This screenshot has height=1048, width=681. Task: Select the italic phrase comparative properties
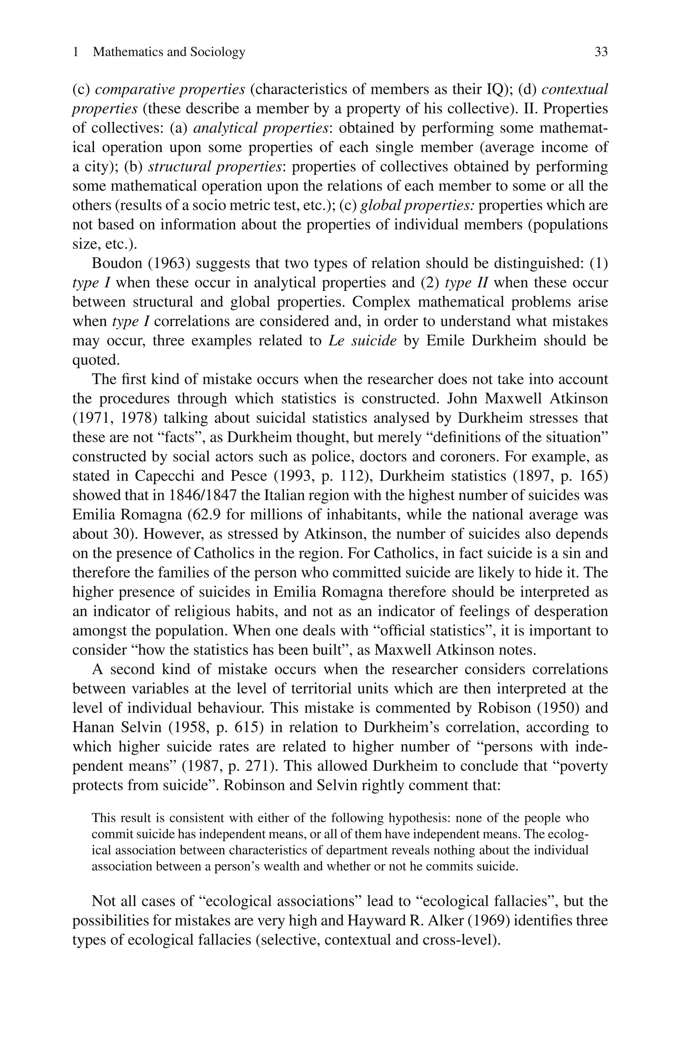(170, 89)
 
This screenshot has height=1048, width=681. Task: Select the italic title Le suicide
(362, 341)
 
